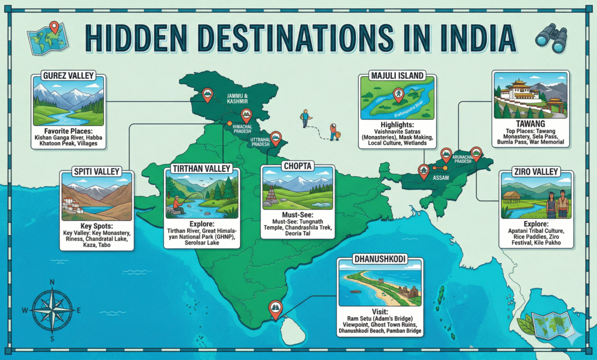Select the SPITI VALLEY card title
(96, 172)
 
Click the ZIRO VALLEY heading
(536, 172)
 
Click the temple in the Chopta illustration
(272, 195)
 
